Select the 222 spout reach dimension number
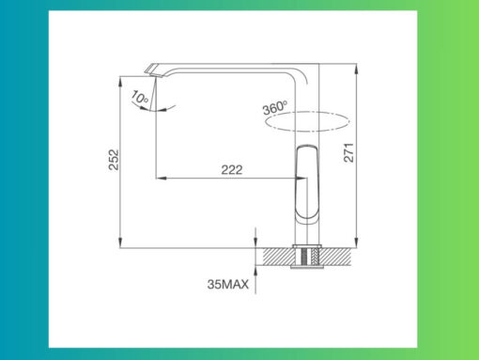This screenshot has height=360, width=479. [232, 169]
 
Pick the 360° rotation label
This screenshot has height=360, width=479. [273, 108]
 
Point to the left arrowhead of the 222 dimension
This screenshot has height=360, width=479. [158, 178]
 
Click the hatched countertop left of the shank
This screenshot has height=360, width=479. [279, 255]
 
